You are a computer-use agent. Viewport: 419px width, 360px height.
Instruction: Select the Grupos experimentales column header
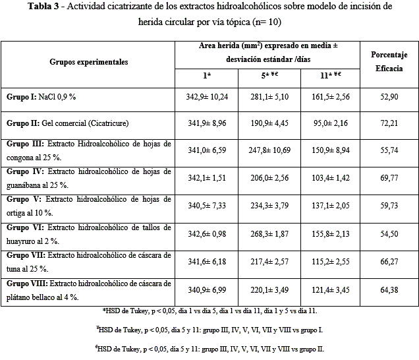pyautogui.click(x=88, y=62)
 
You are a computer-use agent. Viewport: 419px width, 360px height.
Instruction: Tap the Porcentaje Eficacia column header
pyautogui.click(x=389, y=61)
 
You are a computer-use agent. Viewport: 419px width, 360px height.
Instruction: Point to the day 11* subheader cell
pyautogui.click(x=327, y=75)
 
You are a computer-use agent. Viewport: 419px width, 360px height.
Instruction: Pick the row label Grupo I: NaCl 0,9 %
pyautogui.click(x=42, y=97)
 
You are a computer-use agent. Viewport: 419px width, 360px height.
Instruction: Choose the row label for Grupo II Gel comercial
pyautogui.click(x=67, y=123)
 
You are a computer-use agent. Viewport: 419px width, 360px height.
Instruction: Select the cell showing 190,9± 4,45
pyautogui.click(x=267, y=123)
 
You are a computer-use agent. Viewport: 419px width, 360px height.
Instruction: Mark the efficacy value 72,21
pyautogui.click(x=389, y=123)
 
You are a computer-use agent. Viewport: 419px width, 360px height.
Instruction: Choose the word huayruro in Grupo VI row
pyautogui.click(x=25, y=241)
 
